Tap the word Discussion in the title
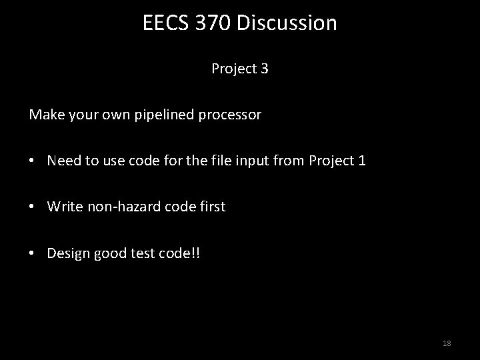(288, 23)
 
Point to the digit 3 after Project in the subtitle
(265, 69)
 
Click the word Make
(44, 115)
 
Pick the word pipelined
(165, 115)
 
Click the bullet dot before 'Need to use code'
(33, 161)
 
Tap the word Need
(63, 161)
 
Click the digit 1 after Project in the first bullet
(362, 161)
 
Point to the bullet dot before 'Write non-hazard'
(33, 207)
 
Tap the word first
(210, 207)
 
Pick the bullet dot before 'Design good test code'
(33, 253)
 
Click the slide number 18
(447, 343)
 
